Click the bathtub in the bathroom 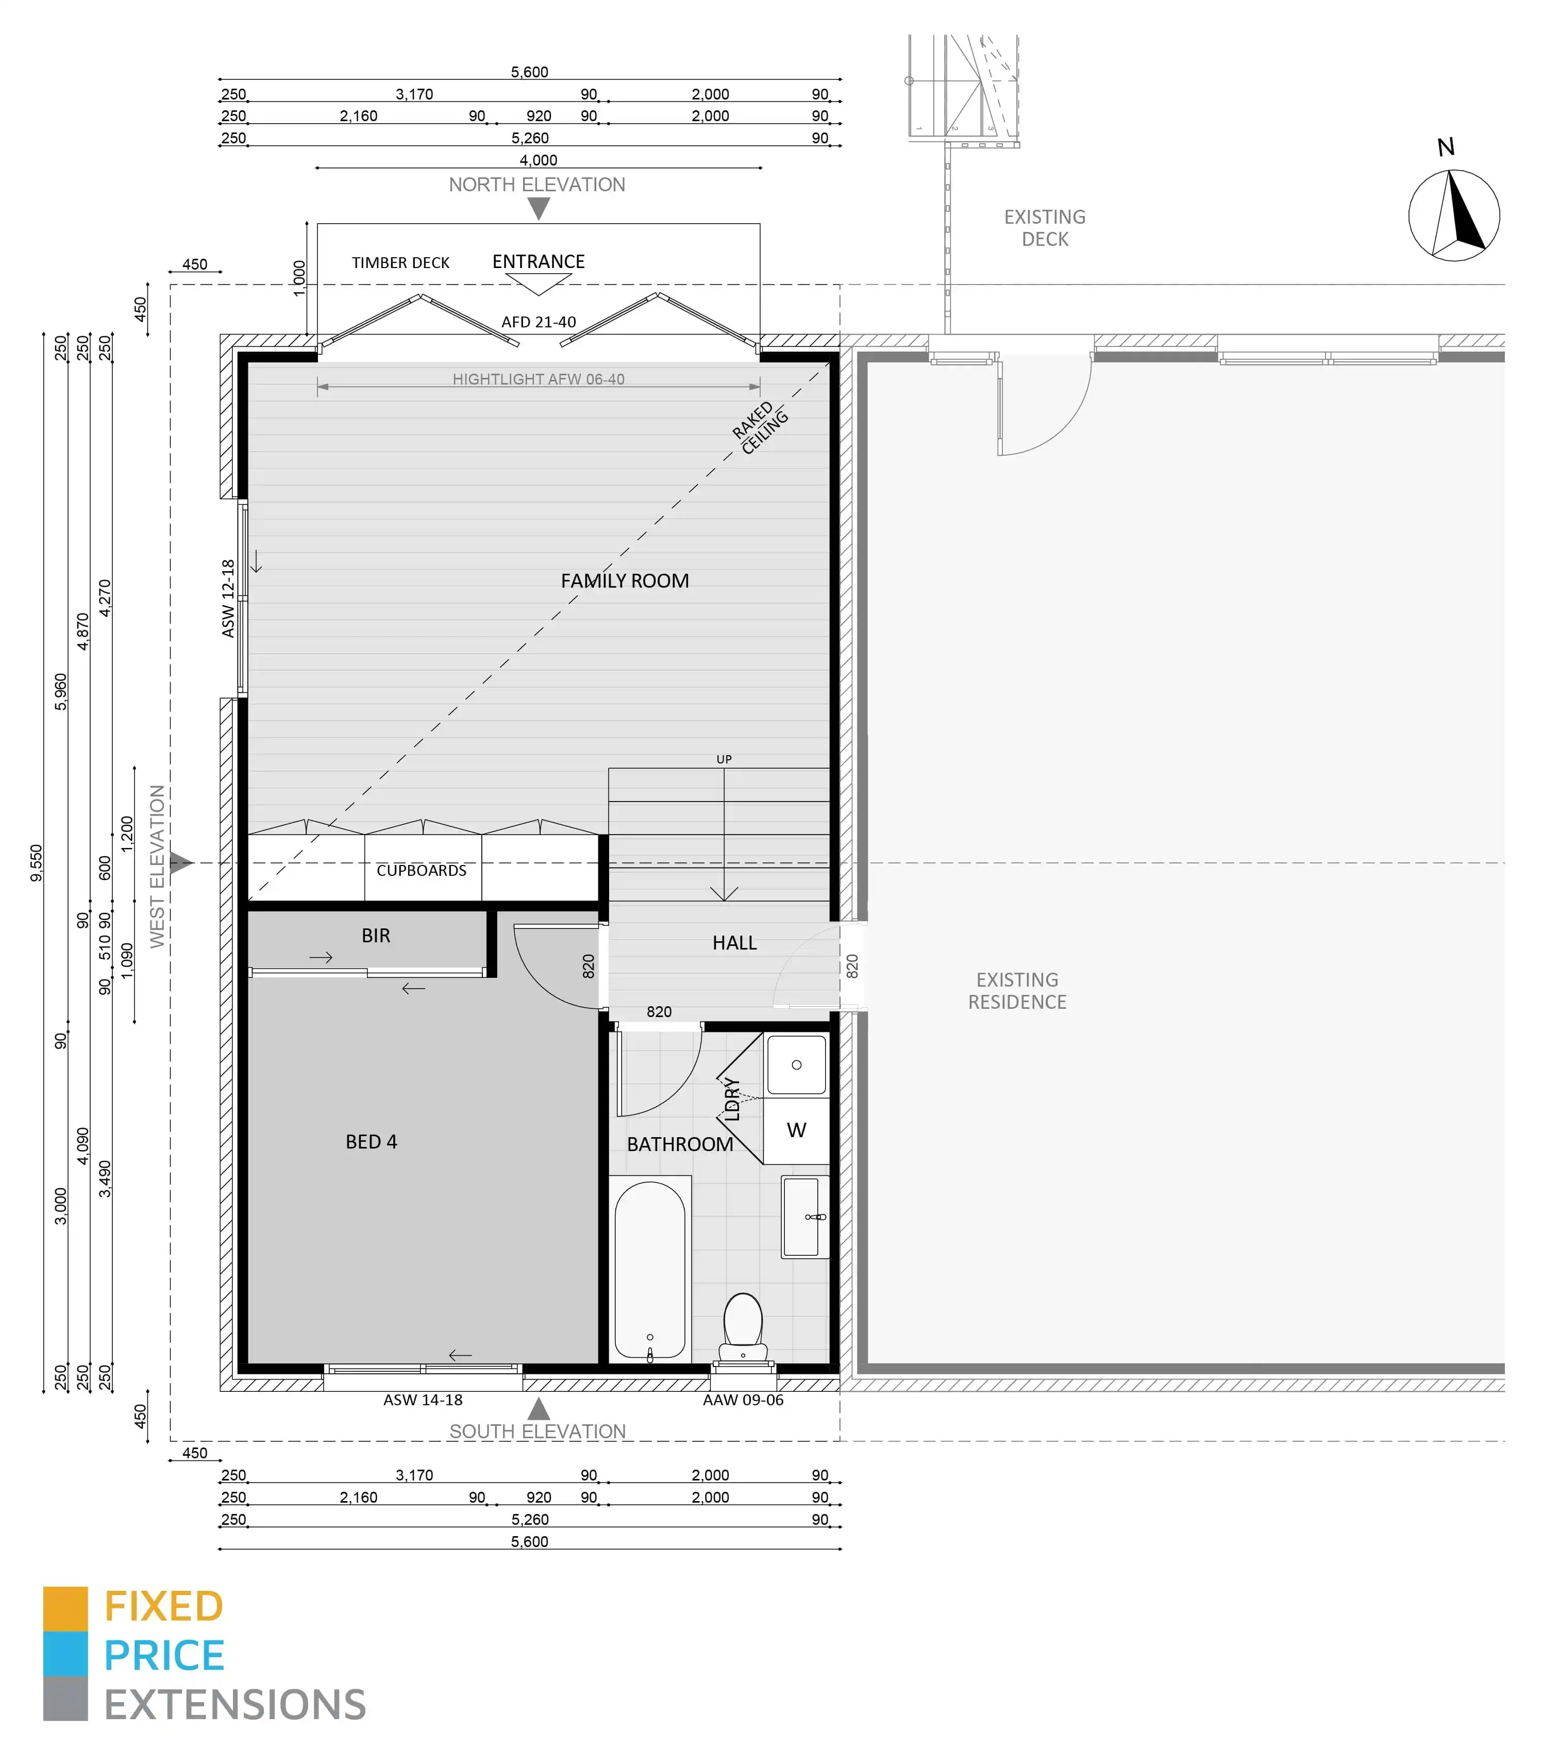pos(650,1269)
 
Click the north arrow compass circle pos(1454,215)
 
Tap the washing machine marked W pos(797,1130)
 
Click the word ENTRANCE pos(539,261)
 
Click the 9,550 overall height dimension pos(36,862)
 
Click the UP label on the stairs pos(724,759)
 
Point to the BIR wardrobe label pos(376,936)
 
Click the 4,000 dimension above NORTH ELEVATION pos(539,160)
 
